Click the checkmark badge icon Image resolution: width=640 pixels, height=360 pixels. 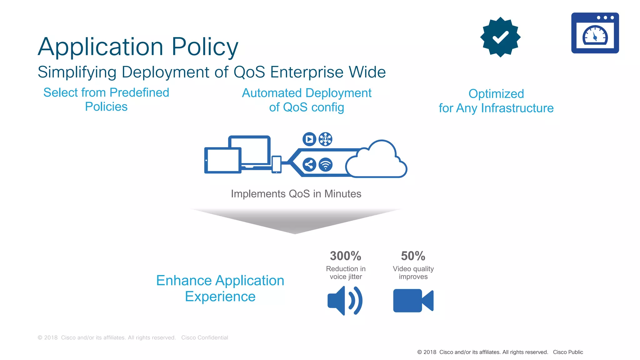[500, 37]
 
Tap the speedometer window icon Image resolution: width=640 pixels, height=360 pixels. [595, 33]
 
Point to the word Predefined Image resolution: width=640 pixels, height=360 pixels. [139, 92]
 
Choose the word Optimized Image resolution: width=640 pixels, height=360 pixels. [496, 94]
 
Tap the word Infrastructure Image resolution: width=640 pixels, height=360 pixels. [517, 108]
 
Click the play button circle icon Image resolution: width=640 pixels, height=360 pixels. [309, 139]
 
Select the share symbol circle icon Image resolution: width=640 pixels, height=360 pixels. [309, 164]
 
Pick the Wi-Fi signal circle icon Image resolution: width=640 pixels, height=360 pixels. [325, 164]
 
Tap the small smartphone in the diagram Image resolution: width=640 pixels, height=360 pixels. [277, 164]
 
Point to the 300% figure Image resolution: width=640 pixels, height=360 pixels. [345, 256]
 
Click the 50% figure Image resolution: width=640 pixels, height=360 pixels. [413, 256]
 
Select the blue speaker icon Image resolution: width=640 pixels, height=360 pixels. [345, 301]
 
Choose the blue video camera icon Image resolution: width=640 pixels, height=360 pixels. [413, 301]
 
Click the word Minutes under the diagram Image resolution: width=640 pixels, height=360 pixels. [342, 194]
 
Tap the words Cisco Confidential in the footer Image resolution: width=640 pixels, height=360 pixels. [204, 337]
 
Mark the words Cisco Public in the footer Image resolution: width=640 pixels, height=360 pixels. [568, 352]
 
